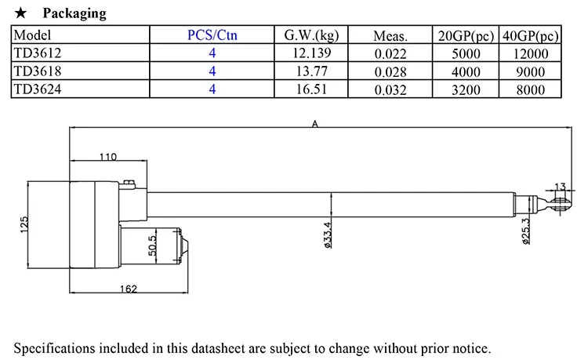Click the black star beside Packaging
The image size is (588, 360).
pyautogui.click(x=20, y=13)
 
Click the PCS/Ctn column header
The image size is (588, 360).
pyautogui.click(x=212, y=35)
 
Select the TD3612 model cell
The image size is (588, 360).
pyautogui.click(x=38, y=53)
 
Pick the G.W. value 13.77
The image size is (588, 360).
pyautogui.click(x=311, y=71)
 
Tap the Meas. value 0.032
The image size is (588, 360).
pyautogui.click(x=390, y=90)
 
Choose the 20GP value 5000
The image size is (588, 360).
pyautogui.click(x=466, y=53)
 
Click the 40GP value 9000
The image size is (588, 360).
pyautogui.click(x=530, y=71)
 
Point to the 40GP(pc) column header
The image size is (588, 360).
pyautogui.click(x=530, y=36)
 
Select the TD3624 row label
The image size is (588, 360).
pyautogui.click(x=38, y=89)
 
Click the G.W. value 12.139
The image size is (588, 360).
pyautogui.click(x=311, y=53)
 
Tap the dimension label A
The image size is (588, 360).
pyautogui.click(x=314, y=124)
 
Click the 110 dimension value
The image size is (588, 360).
pyautogui.click(x=108, y=157)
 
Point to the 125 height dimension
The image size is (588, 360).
pyautogui.click(x=24, y=224)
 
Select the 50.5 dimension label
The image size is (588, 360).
pyautogui.click(x=152, y=245)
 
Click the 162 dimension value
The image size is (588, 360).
pyautogui.click(x=129, y=289)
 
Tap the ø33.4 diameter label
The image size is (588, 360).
pyautogui.click(x=328, y=235)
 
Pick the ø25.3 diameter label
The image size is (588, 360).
pyautogui.click(x=526, y=231)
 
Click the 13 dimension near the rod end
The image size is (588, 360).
pyautogui.click(x=560, y=187)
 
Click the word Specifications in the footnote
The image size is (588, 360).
pyautogui.click(x=55, y=348)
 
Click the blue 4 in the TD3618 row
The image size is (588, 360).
pyautogui.click(x=212, y=71)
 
